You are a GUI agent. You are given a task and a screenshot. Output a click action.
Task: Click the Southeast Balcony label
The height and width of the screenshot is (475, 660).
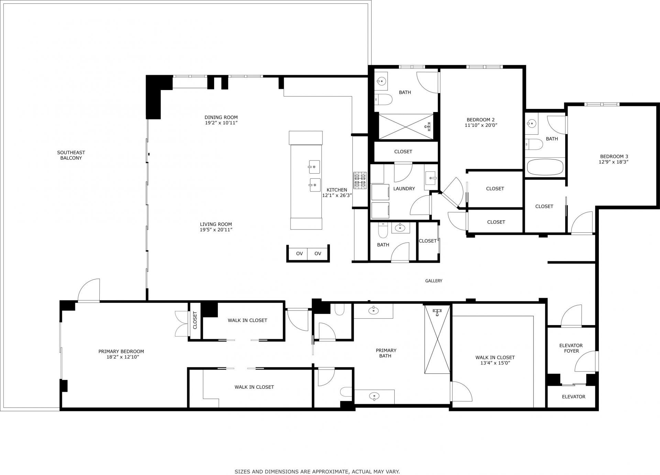71,155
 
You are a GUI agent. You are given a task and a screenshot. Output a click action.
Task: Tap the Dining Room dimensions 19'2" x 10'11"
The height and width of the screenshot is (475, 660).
221,123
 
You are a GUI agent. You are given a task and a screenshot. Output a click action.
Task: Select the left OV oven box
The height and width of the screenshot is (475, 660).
299,254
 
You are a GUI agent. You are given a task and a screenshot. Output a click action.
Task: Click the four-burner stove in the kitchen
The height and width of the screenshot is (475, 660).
360,181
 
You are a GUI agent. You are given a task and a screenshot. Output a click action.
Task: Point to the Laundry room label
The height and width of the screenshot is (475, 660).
404,188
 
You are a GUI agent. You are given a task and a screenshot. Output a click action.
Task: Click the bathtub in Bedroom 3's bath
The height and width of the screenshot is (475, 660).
545,167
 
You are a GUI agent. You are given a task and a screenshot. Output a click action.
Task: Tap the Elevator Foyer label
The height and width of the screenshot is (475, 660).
571,348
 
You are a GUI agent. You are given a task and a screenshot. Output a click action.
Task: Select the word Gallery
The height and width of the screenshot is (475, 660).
433,281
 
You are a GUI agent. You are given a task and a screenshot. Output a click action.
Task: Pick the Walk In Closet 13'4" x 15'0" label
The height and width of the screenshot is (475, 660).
495,360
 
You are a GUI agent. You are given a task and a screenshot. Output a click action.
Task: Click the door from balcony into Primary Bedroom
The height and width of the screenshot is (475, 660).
89,291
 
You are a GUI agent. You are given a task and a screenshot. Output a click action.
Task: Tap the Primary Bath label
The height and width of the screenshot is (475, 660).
386,353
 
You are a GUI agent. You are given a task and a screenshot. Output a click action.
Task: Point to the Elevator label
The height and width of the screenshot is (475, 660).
573,397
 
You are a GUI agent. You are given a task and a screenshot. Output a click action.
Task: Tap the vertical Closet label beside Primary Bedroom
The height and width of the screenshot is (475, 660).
195,320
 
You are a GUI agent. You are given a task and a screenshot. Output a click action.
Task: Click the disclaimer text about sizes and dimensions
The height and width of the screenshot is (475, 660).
317,462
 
